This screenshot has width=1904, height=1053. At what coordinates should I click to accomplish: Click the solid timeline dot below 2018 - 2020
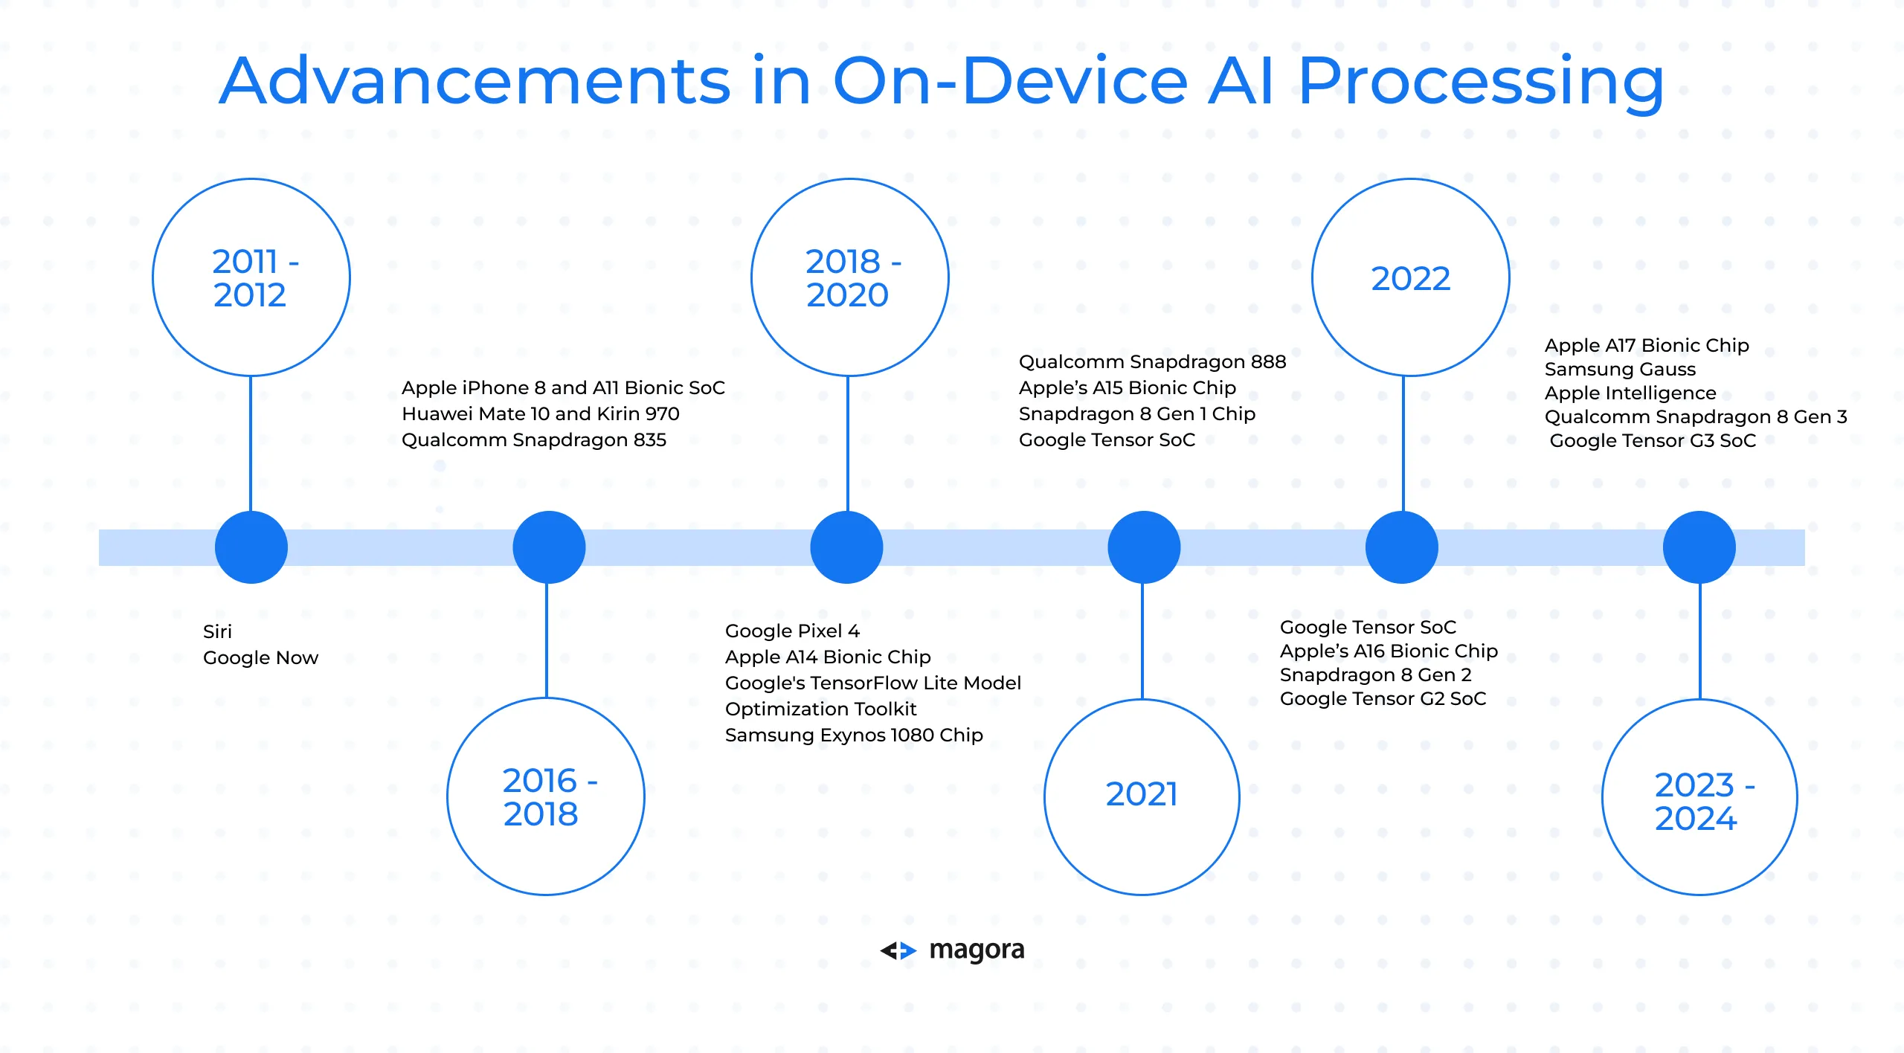pos(846,547)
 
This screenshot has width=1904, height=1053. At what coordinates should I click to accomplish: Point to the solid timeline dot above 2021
pos(1144,547)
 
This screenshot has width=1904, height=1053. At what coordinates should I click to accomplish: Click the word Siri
pos(217,631)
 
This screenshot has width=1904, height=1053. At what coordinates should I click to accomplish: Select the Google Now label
pos(260,658)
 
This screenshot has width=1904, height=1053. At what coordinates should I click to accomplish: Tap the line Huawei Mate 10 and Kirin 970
pos(541,413)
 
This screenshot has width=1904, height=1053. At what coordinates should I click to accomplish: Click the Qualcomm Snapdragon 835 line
pos(534,440)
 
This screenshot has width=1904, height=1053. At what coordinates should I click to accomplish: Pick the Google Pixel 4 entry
pos(792,631)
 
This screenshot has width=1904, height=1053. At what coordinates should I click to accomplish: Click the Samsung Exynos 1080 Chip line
pos(854,735)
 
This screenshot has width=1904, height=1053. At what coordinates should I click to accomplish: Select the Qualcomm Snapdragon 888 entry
pos(1152,362)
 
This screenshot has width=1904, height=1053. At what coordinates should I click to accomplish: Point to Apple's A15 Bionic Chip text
pos(1128,388)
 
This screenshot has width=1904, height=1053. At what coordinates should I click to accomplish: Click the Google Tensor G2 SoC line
pos(1383,699)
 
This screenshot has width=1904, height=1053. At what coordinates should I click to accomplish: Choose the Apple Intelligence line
pos(1630,393)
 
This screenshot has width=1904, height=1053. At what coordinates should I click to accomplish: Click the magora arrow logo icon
pos(898,950)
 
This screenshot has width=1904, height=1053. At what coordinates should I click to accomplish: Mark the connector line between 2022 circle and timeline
pos(1403,444)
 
